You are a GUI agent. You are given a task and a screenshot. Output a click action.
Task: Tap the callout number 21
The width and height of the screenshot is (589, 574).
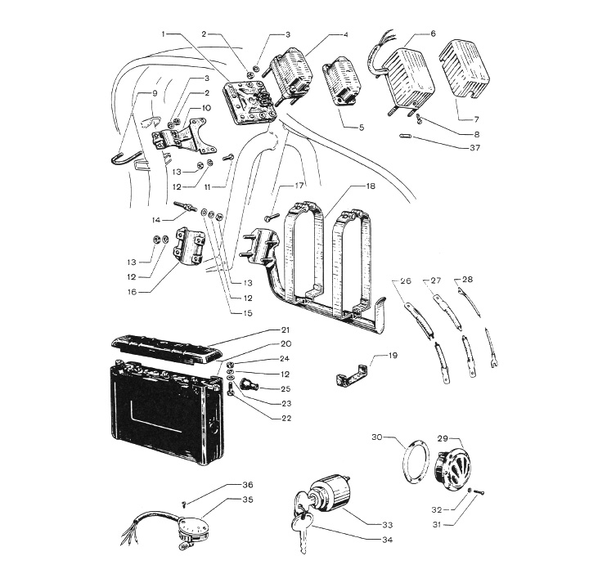click(286, 330)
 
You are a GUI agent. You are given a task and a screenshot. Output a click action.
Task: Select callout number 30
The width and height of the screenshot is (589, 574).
click(377, 437)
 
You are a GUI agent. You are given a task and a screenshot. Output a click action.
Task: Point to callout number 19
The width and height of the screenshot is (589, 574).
click(393, 357)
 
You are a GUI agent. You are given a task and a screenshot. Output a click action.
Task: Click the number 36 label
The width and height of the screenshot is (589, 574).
click(248, 485)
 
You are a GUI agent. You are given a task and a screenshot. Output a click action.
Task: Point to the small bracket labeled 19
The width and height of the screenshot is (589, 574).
click(348, 375)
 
